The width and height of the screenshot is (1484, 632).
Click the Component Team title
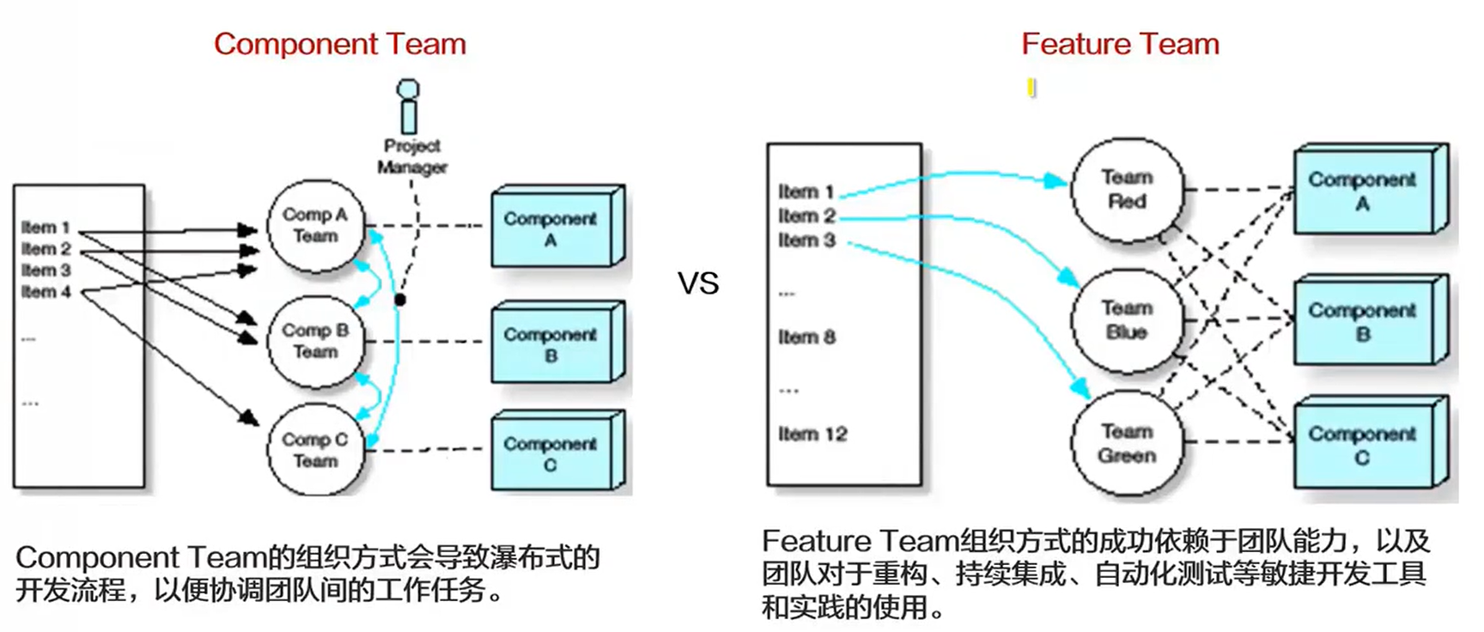[340, 44]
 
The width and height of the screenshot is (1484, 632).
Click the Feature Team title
[1120, 44]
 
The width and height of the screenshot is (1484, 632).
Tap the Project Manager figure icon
[409, 106]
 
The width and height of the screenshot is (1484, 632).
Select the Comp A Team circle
[315, 226]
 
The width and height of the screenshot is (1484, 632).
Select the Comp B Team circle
[315, 341]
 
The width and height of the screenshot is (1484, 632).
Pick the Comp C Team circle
[315, 450]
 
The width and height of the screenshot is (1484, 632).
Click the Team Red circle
[1126, 190]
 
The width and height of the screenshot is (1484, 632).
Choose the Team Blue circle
[1126, 320]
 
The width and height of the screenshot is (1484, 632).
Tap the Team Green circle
[1126, 444]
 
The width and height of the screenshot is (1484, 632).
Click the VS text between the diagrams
[697, 283]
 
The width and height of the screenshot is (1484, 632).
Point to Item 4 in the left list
[46, 292]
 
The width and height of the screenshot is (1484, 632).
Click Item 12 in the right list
[812, 434]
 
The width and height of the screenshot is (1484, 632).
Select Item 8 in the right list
[806, 337]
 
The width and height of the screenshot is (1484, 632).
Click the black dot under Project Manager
[400, 300]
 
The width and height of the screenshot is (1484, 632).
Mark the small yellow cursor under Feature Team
[1031, 88]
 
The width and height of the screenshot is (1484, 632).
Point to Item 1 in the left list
[46, 228]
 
